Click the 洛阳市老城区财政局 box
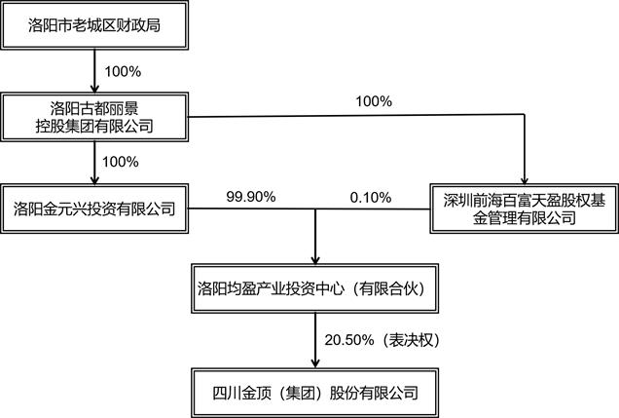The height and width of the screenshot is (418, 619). [x=94, y=25]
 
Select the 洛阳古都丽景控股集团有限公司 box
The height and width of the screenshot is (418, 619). [x=94, y=117]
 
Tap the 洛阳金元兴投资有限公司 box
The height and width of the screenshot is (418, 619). [x=94, y=209]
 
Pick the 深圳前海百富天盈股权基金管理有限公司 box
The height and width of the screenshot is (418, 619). [x=525, y=209]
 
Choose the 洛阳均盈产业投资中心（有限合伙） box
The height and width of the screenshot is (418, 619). [x=315, y=288]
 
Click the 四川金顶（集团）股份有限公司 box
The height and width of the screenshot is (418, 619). [x=315, y=393]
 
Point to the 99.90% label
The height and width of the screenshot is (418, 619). [x=251, y=197]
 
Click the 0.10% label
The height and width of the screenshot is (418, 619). [x=370, y=197]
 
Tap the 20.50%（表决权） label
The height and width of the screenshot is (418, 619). [x=382, y=340]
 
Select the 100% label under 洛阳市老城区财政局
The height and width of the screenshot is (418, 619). [x=123, y=71]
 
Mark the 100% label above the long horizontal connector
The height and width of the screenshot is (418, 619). [x=374, y=101]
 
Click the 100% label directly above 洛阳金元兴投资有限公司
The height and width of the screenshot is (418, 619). [x=120, y=162]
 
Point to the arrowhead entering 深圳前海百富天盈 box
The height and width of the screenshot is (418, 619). [x=525, y=179]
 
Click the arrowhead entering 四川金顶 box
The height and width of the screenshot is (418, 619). [x=315, y=363]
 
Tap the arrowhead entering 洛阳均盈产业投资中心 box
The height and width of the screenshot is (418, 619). [x=315, y=259]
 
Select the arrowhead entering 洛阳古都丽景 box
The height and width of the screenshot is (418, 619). [x=94, y=89]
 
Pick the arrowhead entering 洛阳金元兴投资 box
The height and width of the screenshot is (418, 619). [x=94, y=179]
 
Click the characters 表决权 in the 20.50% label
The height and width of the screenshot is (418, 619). [x=412, y=340]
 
